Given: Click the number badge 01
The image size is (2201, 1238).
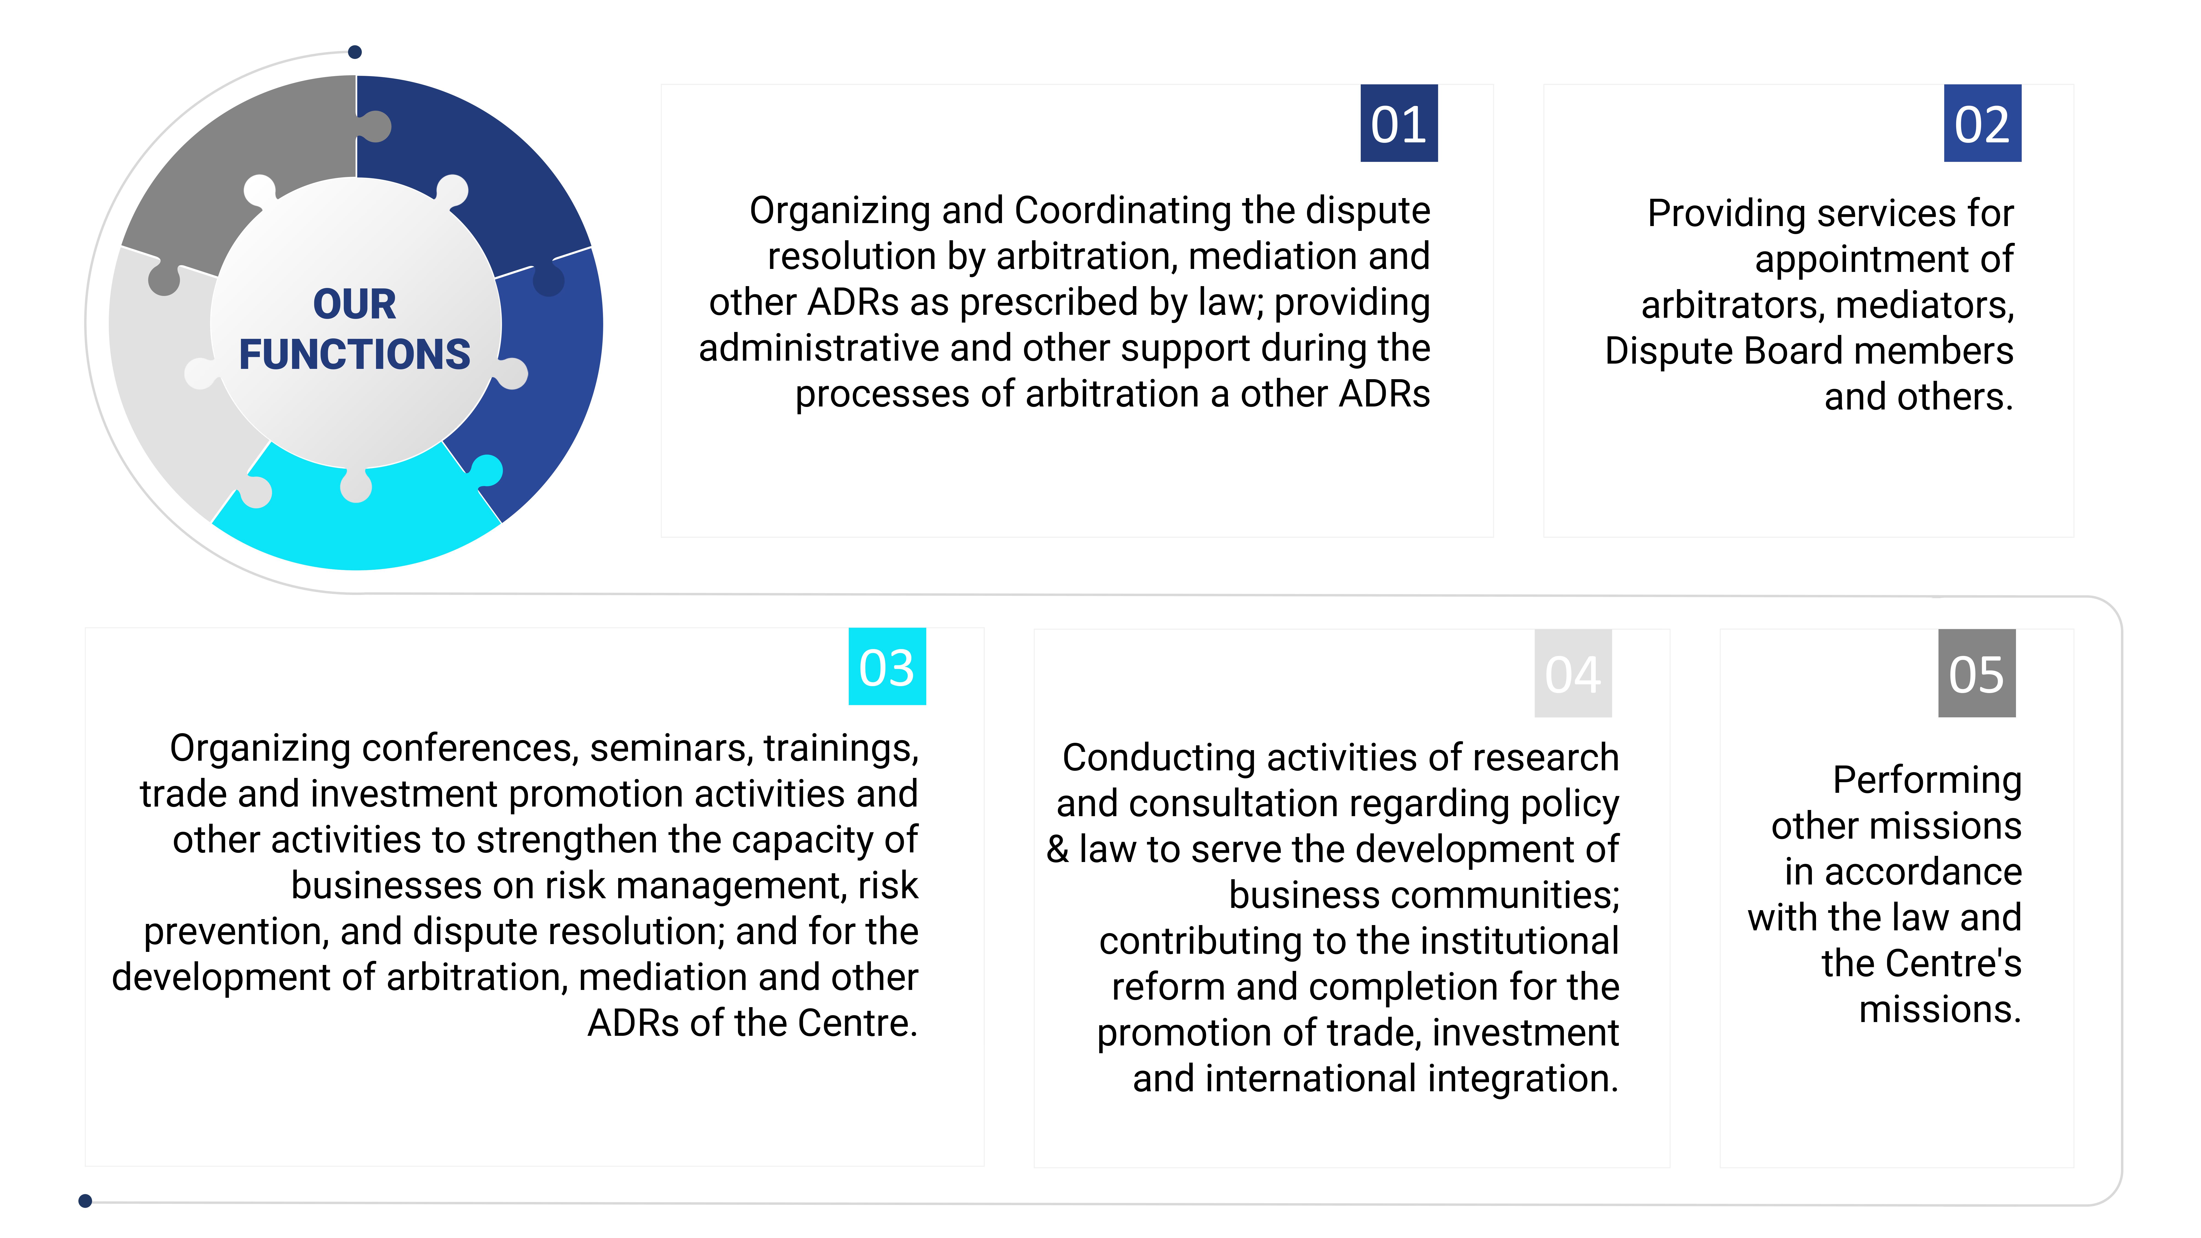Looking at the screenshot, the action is (x=1399, y=123).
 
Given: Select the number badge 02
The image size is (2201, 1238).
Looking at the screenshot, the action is (x=1982, y=123).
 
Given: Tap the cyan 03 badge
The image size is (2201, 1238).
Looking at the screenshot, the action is (x=887, y=666).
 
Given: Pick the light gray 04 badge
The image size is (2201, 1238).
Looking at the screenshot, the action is (x=1573, y=673).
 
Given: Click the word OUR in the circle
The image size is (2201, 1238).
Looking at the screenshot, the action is (x=355, y=304).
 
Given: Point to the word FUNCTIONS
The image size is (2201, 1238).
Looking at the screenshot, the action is (x=355, y=354).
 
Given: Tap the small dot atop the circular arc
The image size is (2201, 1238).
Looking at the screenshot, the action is (x=355, y=52).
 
